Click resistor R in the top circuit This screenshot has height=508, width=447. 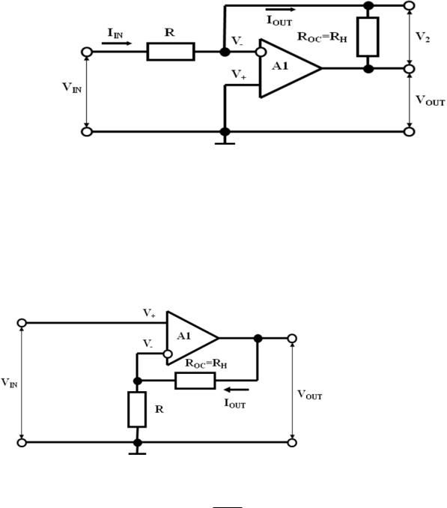click(x=171, y=52)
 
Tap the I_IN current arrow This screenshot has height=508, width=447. click(x=117, y=43)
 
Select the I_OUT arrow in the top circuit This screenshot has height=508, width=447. click(x=280, y=10)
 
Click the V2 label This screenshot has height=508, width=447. click(x=423, y=37)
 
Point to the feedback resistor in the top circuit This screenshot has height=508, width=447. click(x=368, y=37)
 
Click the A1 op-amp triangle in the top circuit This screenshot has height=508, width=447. click(x=290, y=68)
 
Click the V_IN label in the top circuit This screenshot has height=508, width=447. click(x=72, y=88)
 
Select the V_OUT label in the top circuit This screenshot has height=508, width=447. click(x=431, y=100)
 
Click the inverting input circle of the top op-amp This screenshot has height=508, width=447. click(x=261, y=52)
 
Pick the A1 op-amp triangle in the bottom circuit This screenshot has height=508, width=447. click(x=192, y=338)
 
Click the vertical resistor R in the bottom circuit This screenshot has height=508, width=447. click(x=137, y=409)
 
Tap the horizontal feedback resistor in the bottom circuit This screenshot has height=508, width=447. click(x=195, y=381)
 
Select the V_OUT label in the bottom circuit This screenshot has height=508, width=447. click(x=310, y=395)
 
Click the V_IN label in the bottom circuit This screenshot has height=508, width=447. click(x=10, y=383)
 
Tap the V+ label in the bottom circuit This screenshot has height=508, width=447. click(x=149, y=313)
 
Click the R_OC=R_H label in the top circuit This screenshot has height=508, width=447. click(x=322, y=37)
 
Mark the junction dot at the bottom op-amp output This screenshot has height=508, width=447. click(x=258, y=339)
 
